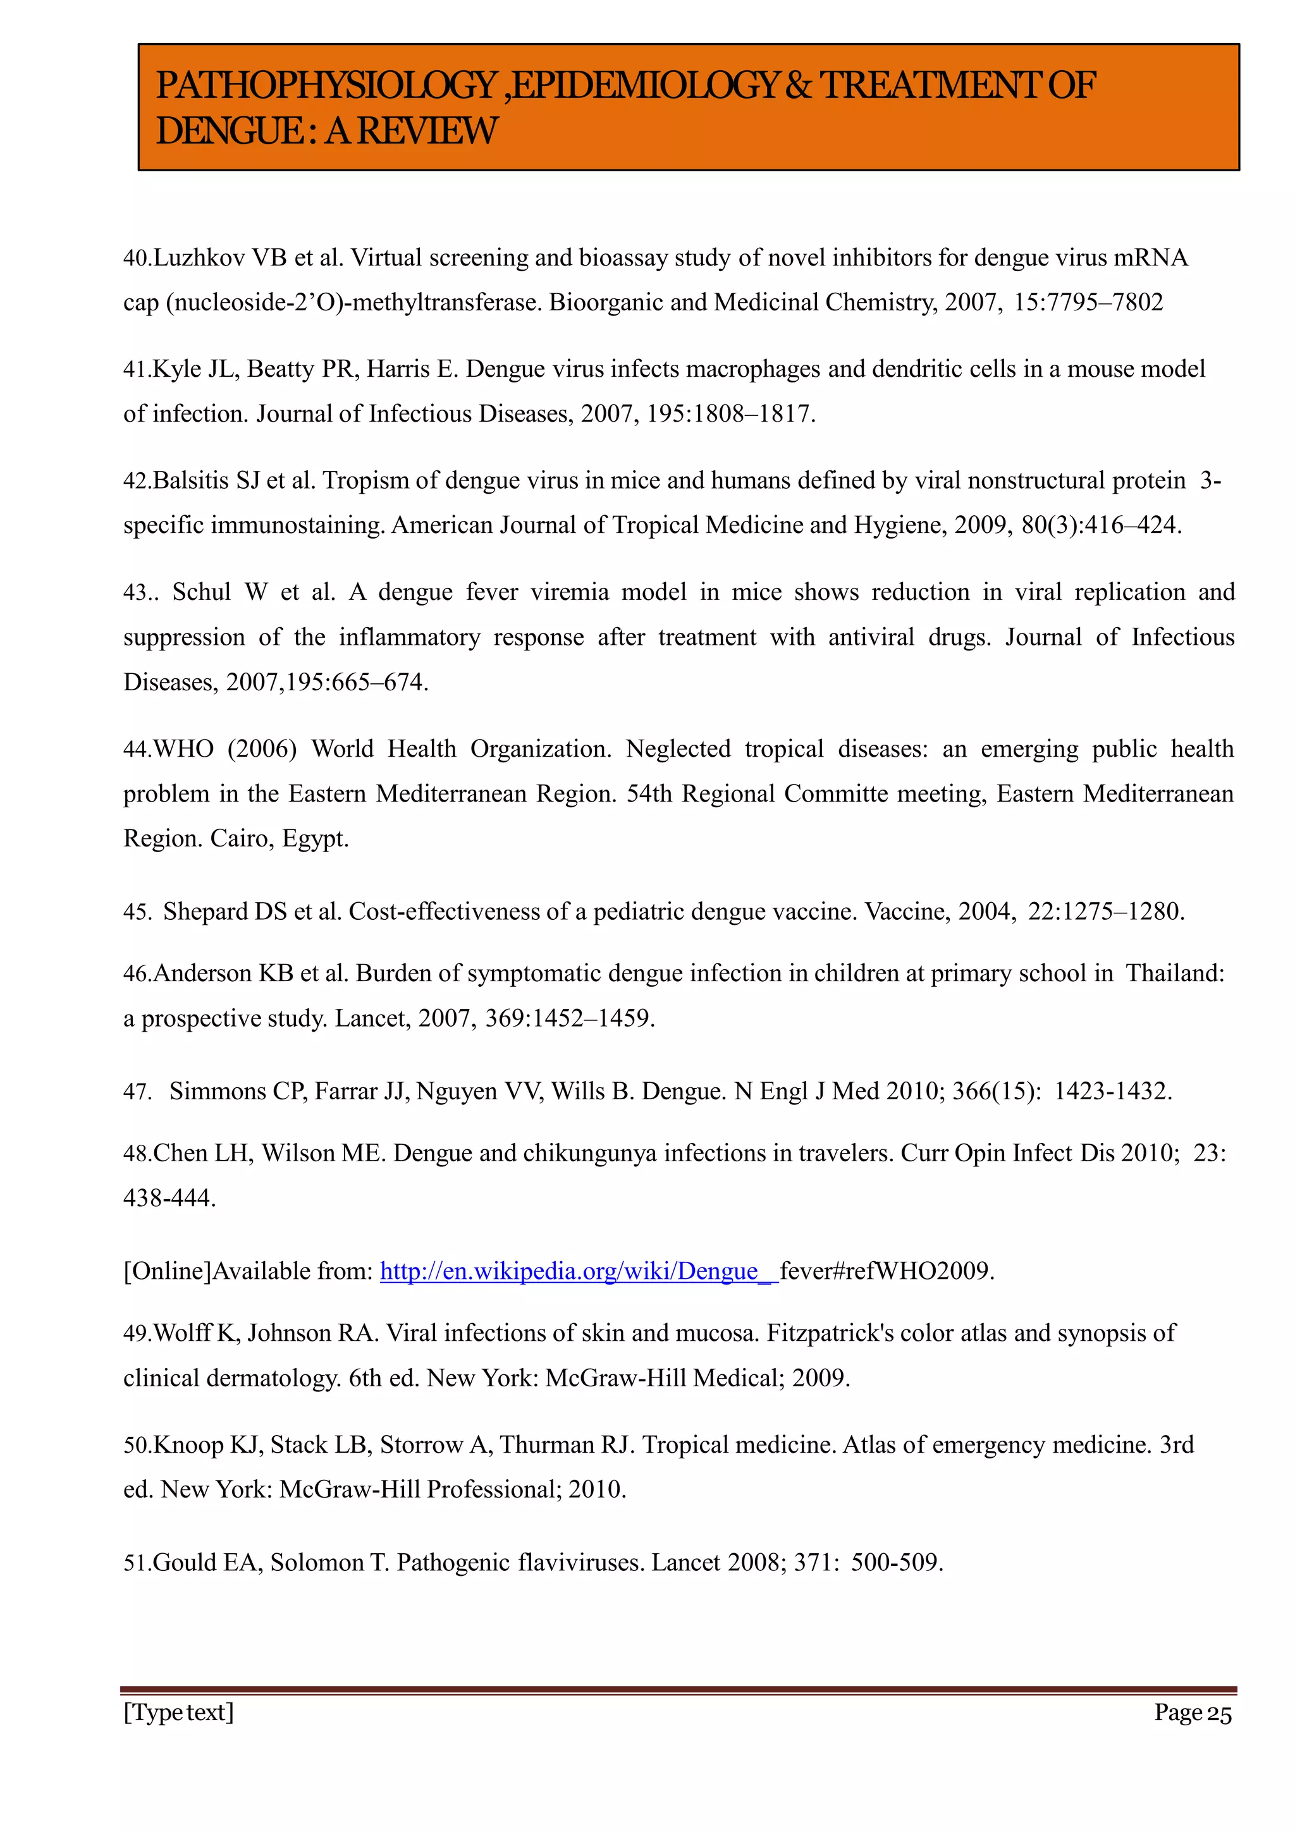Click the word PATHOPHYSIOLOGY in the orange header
[x=326, y=85]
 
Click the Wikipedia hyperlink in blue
[x=578, y=1271]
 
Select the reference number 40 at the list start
[x=135, y=258]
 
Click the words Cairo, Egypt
[x=279, y=839]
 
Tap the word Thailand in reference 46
[x=1174, y=974]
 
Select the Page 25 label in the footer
[x=1192, y=1713]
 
